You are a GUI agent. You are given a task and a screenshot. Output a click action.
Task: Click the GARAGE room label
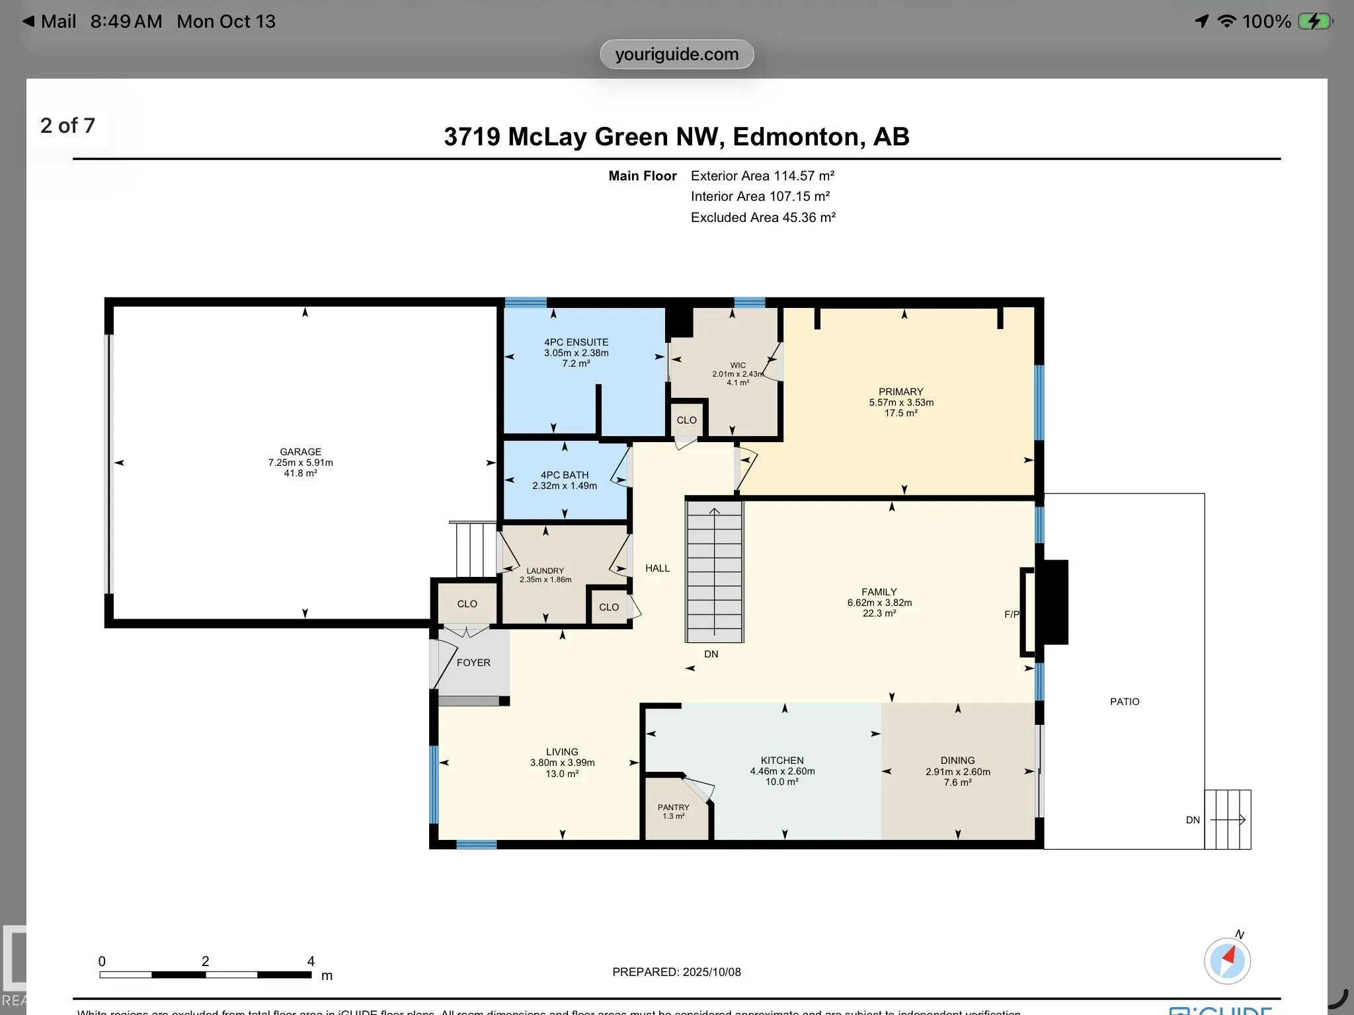pos(300,452)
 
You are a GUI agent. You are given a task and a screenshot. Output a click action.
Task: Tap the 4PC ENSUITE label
pos(576,342)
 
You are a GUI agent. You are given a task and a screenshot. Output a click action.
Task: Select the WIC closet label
pos(738,365)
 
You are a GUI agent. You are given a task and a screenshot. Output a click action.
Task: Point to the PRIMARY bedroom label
pos(900,392)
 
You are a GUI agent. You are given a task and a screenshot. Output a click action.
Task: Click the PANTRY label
pos(673,808)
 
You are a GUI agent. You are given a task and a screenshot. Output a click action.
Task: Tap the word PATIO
pos(1124,702)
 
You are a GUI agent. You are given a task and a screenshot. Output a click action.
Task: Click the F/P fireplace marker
pos(1012,615)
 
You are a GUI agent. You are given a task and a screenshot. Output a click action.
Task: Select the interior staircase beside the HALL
pos(714,572)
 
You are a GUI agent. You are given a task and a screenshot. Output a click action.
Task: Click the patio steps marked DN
pos(1227,819)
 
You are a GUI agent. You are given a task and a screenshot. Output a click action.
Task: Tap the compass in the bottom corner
pos(1227,961)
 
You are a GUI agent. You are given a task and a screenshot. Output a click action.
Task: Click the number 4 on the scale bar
pos(311,961)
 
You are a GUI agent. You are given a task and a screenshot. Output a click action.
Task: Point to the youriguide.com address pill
pos(676,54)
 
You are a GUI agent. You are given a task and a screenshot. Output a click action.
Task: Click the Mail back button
pos(50,21)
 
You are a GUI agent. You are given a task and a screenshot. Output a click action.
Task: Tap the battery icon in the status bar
pos(1314,21)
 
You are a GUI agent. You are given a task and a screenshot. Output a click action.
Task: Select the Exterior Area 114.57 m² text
pos(762,176)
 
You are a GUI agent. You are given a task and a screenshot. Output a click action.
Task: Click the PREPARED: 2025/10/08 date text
pos(676,972)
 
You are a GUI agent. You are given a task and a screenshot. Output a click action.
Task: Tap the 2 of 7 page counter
pos(67,126)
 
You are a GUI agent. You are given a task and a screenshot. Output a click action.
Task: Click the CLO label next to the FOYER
pos(467,604)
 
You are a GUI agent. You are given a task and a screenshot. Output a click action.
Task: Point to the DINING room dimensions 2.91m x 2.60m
pos(957,772)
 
